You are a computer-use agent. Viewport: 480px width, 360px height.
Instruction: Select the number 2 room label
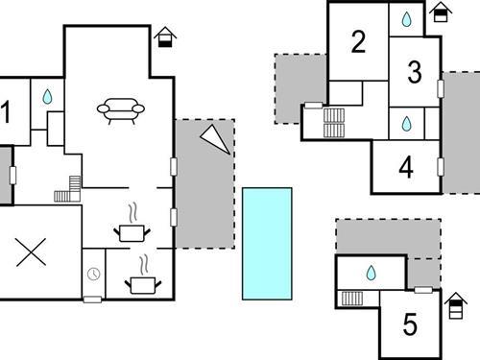[358, 42]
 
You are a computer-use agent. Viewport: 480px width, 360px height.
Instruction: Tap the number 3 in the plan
[415, 72]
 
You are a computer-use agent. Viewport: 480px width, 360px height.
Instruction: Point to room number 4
[406, 168]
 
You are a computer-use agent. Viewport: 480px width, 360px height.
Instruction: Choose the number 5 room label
[411, 324]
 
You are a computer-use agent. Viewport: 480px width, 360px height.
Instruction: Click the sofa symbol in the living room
[121, 109]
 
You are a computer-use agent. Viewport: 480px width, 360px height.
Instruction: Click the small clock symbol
[93, 275]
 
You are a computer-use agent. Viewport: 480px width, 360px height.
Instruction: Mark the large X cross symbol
[32, 252]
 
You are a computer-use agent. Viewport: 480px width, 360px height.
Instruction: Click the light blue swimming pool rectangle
[266, 243]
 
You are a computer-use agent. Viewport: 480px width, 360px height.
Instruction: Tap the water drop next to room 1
[46, 97]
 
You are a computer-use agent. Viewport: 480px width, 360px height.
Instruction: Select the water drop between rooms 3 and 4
[406, 124]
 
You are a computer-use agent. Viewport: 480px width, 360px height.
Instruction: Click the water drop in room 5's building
[371, 274]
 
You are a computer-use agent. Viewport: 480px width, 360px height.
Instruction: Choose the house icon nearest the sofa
[166, 37]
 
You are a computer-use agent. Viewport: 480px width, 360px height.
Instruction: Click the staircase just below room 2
[335, 121]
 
